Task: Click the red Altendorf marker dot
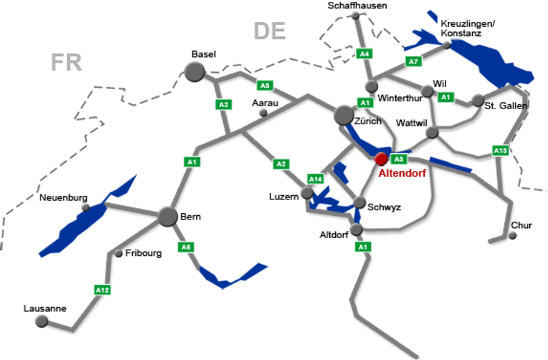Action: pyautogui.click(x=381, y=159)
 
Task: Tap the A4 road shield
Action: pyautogui.click(x=364, y=54)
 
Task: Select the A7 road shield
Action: pyautogui.click(x=413, y=61)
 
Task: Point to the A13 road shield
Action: pyautogui.click(x=500, y=150)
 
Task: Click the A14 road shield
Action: pyautogui.click(x=315, y=179)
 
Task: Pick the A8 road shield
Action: pyautogui.click(x=185, y=247)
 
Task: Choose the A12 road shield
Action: pyautogui.click(x=102, y=290)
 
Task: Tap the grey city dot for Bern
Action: pyautogui.click(x=168, y=217)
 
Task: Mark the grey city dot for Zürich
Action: pyautogui.click(x=344, y=115)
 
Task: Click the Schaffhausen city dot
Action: pyautogui.click(x=356, y=16)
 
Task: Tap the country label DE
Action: pyautogui.click(x=270, y=31)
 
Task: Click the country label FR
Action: pyautogui.click(x=66, y=62)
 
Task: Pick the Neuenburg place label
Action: pyautogui.click(x=63, y=198)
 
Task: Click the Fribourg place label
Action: pyautogui.click(x=144, y=253)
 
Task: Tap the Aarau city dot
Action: pyautogui.click(x=263, y=113)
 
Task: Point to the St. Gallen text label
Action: pyautogui.click(x=506, y=106)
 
